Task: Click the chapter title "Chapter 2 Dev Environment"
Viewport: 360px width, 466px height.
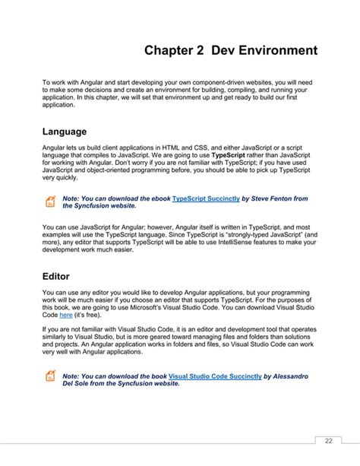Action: coord(231,52)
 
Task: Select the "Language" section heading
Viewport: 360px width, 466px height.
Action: coord(65,131)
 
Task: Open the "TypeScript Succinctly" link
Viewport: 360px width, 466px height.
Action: coord(207,198)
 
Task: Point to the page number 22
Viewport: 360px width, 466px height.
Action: coord(328,440)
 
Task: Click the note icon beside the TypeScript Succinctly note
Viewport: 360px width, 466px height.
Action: coord(49,201)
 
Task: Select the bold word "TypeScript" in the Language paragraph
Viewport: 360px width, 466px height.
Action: coord(232,154)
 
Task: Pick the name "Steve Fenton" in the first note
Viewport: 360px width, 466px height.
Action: coord(269,198)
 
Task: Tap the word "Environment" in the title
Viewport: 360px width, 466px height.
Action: coord(276,52)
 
